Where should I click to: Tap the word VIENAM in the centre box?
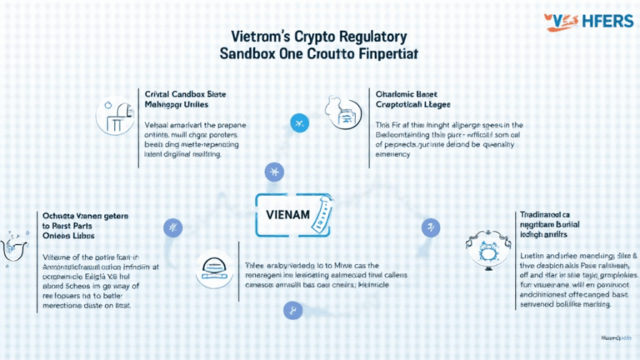coord(283,214)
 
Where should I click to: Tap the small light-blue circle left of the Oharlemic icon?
coord(298,123)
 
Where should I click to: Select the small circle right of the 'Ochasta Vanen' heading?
coord(173,227)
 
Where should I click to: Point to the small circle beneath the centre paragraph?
coord(292,311)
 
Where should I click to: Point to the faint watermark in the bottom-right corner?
coord(615,340)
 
